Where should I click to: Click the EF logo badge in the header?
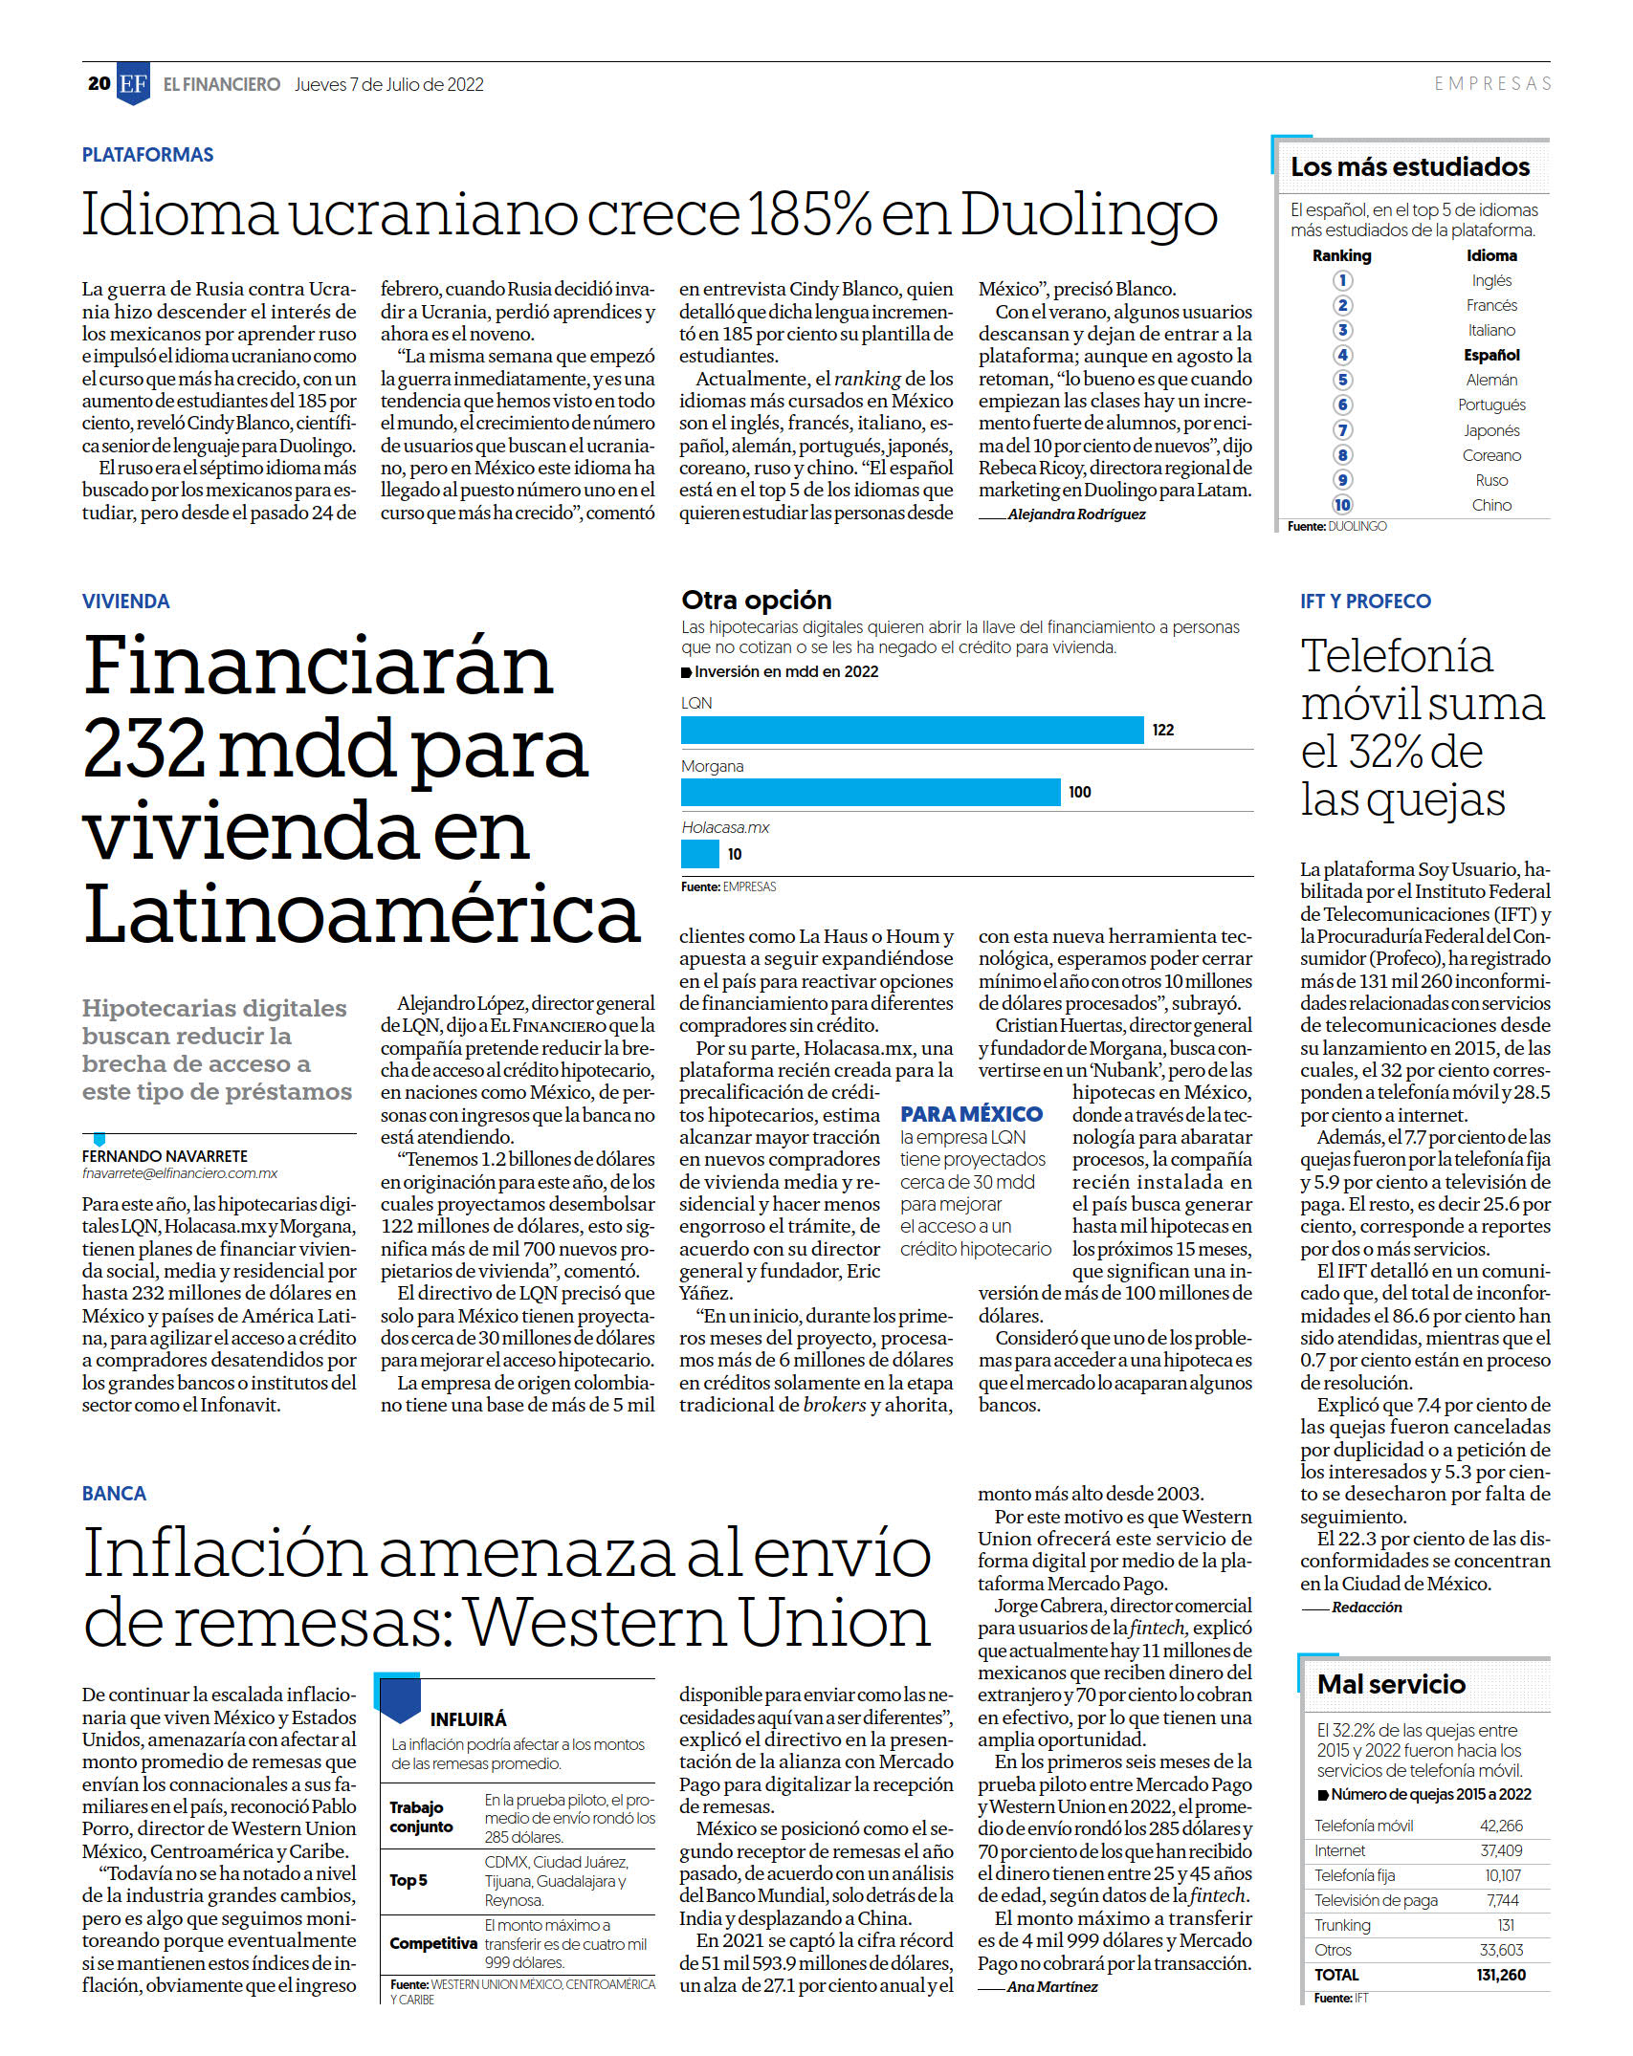(133, 84)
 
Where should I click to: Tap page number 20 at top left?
(99, 84)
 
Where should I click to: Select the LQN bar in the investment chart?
(912, 730)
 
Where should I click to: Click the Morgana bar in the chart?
(871, 792)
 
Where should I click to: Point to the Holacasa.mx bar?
(699, 854)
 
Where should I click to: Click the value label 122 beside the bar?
(1162, 730)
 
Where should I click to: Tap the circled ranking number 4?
(1342, 355)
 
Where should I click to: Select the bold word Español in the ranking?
(1491, 355)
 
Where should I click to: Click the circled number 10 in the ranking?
(1342, 505)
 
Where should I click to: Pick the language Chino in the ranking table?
(1491, 505)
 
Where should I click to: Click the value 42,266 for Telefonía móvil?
(1501, 1826)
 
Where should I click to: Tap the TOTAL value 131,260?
(1501, 1975)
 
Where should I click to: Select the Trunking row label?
(1342, 1925)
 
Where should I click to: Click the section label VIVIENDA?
(125, 601)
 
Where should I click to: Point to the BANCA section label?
(114, 1494)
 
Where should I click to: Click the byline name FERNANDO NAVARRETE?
(165, 1156)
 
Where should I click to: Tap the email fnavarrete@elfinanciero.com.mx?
(180, 1173)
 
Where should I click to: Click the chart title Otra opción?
(757, 601)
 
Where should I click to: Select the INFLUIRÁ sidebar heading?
(468, 1719)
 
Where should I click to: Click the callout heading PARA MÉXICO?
(971, 1114)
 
